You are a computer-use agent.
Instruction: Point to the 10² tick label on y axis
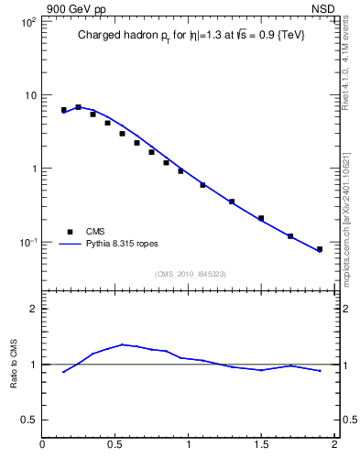click(27, 22)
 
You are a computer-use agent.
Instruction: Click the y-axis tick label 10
click(29, 95)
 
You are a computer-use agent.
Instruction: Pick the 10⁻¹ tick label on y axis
click(27, 243)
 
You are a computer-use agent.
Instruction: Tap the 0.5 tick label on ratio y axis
click(28, 420)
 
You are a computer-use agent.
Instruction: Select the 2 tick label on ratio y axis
click(33, 309)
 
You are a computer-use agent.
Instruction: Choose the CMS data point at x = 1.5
click(261, 218)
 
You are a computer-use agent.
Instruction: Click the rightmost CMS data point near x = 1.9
click(320, 249)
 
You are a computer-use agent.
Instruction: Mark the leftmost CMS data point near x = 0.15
click(64, 110)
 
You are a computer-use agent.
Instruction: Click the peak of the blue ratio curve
click(123, 344)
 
